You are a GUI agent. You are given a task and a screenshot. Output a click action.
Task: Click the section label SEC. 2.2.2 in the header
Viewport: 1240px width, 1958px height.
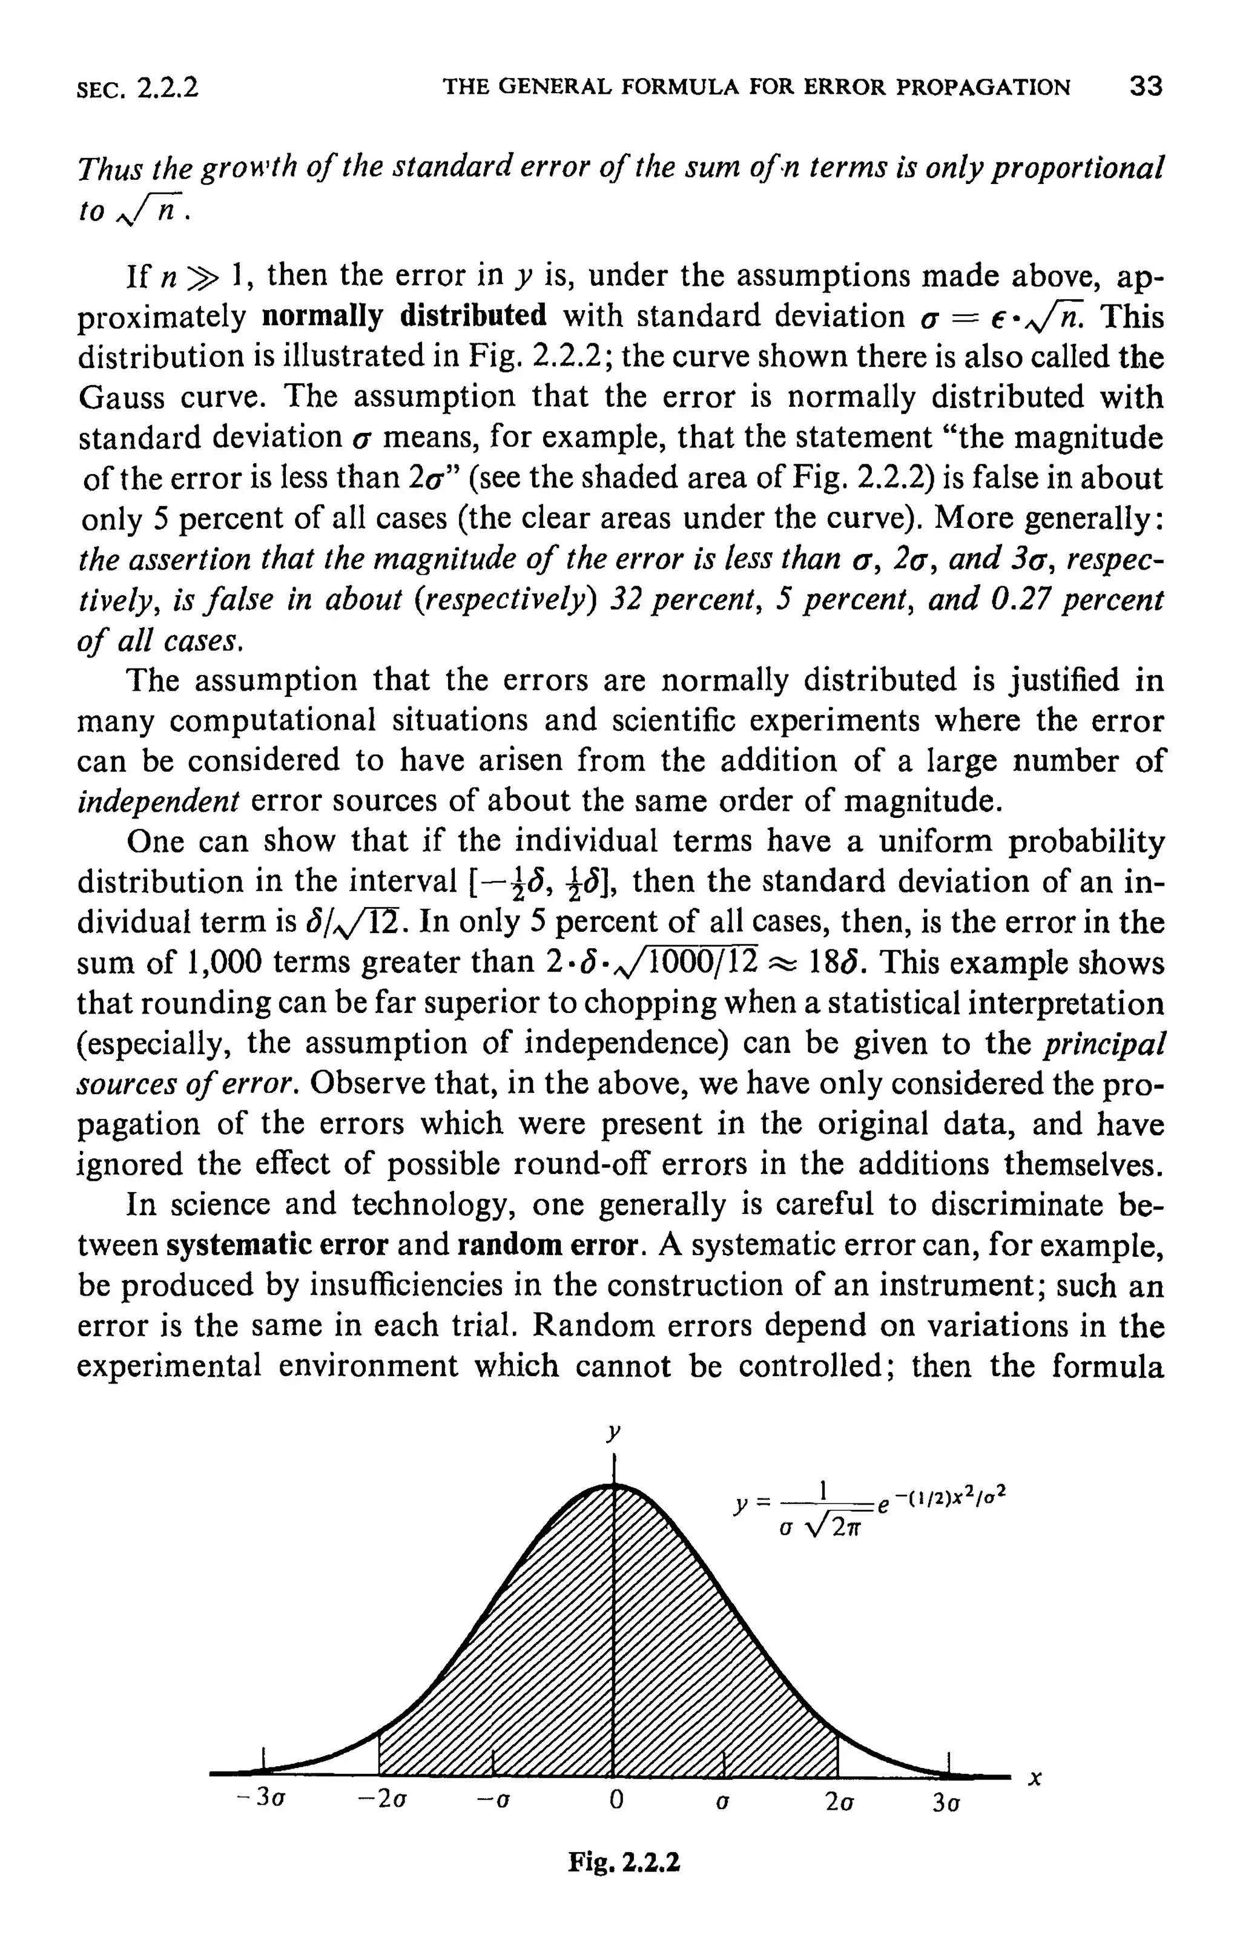pos(137,88)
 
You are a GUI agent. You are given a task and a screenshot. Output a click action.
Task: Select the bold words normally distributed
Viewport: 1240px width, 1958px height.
pos(404,315)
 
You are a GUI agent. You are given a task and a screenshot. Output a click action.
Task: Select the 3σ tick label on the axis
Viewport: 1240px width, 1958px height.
pos(946,1802)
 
